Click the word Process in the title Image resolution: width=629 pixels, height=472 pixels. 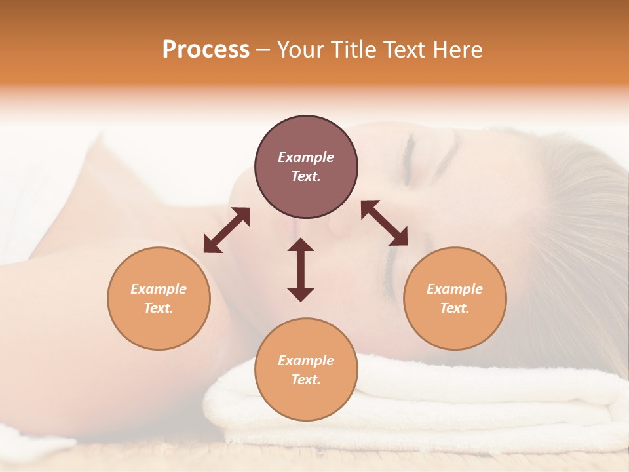206,50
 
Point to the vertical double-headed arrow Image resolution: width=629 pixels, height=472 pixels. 301,269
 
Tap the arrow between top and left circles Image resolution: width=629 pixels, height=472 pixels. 227,230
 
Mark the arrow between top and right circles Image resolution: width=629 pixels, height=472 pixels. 384,223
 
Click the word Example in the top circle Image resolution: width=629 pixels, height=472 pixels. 306,157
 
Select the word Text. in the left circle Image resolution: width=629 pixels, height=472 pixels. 159,308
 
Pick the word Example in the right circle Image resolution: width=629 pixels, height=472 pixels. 455,289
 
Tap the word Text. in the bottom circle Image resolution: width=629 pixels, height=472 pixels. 306,380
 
